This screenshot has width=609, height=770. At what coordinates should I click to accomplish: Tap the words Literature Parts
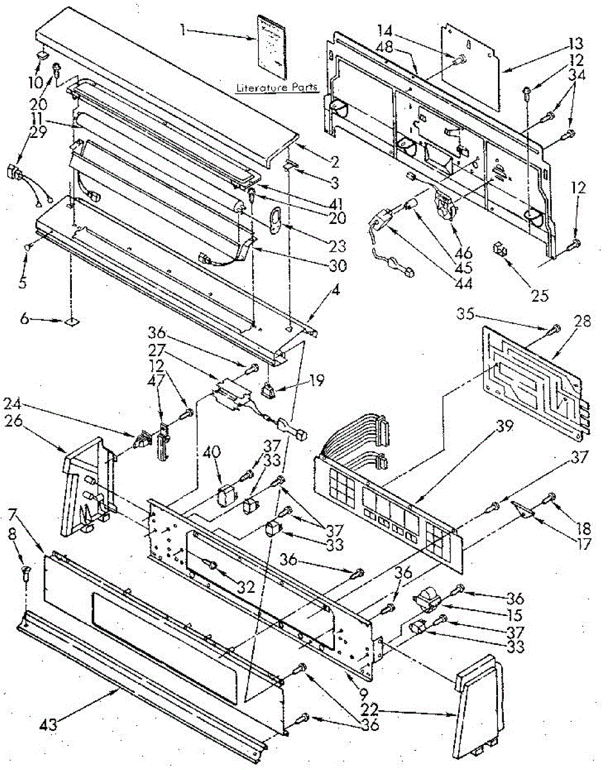(277, 88)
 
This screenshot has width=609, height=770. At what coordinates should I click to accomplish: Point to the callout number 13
(576, 44)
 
